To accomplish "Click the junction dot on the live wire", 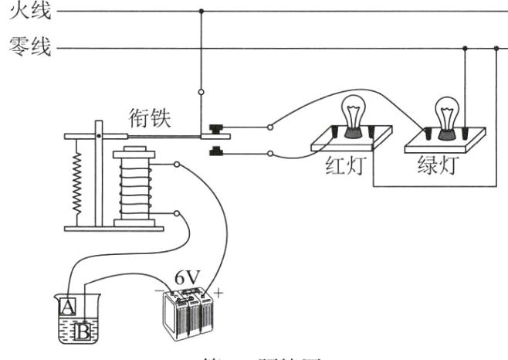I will (x=202, y=12).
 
